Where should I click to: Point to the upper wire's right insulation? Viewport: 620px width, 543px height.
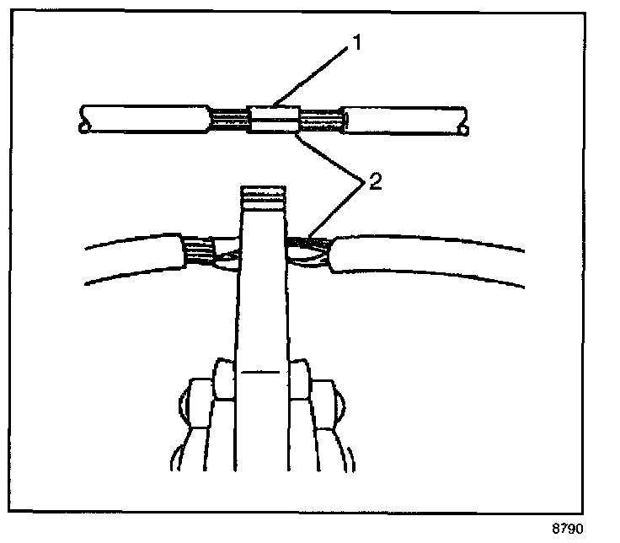(404, 120)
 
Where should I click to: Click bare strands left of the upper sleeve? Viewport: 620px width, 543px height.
(227, 120)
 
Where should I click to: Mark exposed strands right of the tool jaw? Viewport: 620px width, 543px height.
(310, 250)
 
